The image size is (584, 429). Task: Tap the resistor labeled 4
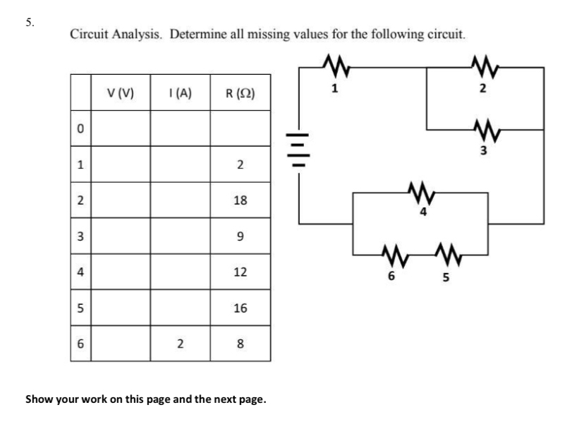[x=420, y=191]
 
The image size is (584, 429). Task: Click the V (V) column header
[x=120, y=92]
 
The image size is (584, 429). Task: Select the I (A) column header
[x=180, y=92]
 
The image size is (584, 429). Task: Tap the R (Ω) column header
[x=240, y=92]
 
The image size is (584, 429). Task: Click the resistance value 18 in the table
[x=240, y=200]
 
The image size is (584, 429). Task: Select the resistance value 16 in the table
[x=240, y=308]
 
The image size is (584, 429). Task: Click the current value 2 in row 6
[x=180, y=344]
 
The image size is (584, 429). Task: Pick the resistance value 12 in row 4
[x=240, y=272]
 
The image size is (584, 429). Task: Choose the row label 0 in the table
[x=80, y=128]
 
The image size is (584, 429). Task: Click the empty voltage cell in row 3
[x=120, y=236]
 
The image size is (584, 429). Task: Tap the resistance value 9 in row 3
[x=240, y=236]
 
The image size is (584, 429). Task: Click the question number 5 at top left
[x=29, y=21]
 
